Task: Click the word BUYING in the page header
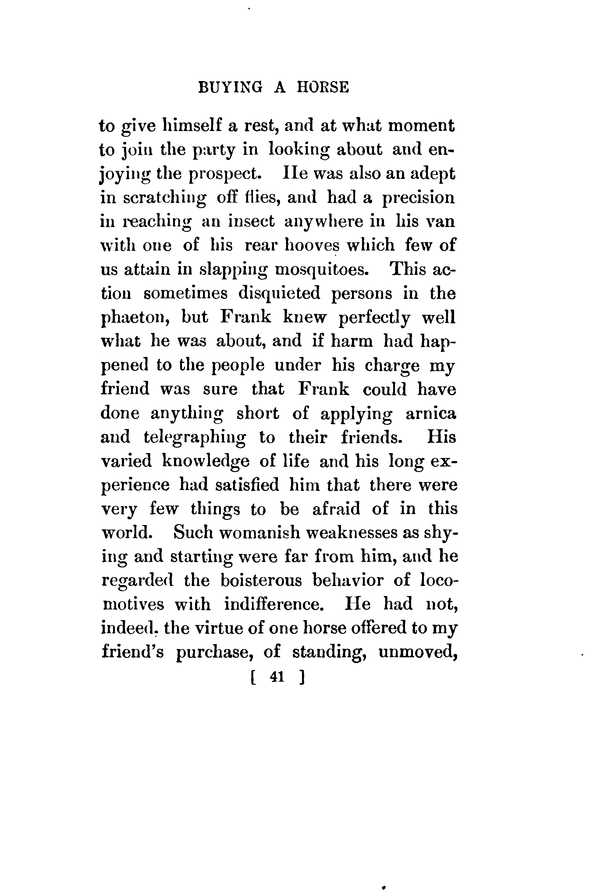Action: pos(230,88)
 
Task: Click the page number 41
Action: pos(277,676)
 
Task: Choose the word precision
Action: pos(418,198)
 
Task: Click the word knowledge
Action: pos(206,462)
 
